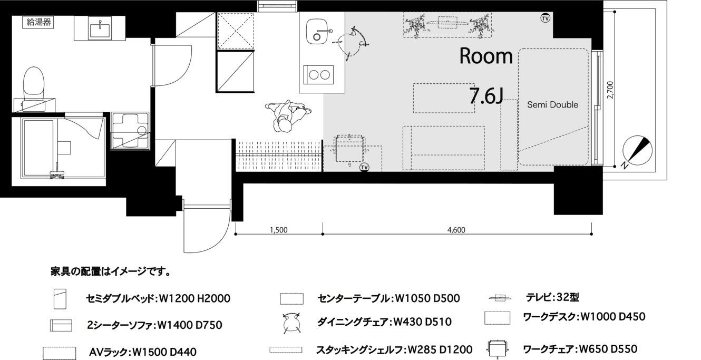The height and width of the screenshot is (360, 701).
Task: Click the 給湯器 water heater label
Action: (x=39, y=22)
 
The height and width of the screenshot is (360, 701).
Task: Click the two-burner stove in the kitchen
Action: (x=319, y=75)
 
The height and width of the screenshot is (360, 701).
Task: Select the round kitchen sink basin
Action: (x=317, y=32)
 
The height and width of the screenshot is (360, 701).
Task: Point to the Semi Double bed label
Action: (x=553, y=104)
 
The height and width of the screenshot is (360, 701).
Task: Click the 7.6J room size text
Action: (x=486, y=96)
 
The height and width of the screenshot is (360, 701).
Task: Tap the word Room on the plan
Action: (x=486, y=56)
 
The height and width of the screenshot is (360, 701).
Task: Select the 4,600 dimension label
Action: (x=456, y=230)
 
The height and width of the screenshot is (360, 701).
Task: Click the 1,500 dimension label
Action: (x=278, y=230)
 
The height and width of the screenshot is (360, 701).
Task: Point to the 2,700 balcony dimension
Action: (x=610, y=90)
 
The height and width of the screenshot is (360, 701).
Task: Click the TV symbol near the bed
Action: (x=545, y=18)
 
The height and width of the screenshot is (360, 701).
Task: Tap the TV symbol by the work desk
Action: (x=364, y=168)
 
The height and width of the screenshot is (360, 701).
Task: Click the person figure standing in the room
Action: (x=288, y=116)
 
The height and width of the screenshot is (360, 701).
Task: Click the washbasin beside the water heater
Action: (x=100, y=28)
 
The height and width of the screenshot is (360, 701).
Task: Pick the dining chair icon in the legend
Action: (x=291, y=323)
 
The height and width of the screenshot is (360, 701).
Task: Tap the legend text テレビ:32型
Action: (x=552, y=297)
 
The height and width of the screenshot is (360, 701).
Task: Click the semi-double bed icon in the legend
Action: (x=60, y=299)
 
